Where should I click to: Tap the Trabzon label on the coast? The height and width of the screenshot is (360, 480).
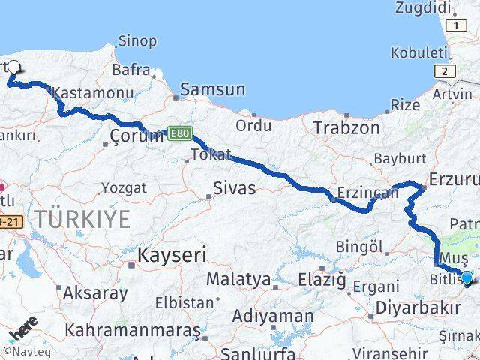click(x=346, y=127)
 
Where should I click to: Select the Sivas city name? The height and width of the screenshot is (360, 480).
click(x=234, y=187)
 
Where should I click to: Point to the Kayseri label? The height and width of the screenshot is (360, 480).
click(x=172, y=255)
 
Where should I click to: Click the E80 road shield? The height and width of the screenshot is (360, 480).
click(x=180, y=133)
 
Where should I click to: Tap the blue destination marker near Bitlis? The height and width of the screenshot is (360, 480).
click(x=466, y=278)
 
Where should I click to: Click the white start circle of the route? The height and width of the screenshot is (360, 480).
click(x=14, y=67)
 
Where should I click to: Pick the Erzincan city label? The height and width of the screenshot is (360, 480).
click(x=368, y=193)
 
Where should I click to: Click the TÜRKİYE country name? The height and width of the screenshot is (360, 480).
click(x=81, y=219)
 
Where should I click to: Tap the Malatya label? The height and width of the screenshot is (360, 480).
click(x=238, y=279)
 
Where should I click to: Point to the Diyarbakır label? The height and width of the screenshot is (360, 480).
click(x=417, y=307)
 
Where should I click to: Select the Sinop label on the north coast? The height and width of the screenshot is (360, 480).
click(x=138, y=41)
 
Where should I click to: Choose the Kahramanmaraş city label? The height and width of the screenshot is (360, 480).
click(x=132, y=329)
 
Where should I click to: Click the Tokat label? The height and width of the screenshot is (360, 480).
click(x=211, y=154)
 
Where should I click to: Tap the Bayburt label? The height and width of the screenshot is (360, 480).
click(x=399, y=159)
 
